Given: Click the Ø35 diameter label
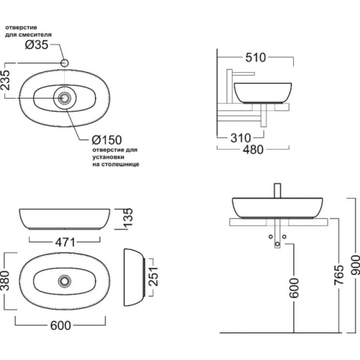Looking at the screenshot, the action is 37,45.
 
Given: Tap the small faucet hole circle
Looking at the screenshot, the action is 65,63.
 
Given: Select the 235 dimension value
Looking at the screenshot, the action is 6,80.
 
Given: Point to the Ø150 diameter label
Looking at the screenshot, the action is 107,140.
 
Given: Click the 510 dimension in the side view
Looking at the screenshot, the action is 256,58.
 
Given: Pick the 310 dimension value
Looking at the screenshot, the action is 240,138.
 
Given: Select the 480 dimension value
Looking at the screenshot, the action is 253,150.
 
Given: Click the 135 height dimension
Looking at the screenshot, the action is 128,217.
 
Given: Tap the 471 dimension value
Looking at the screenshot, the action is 66,242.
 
